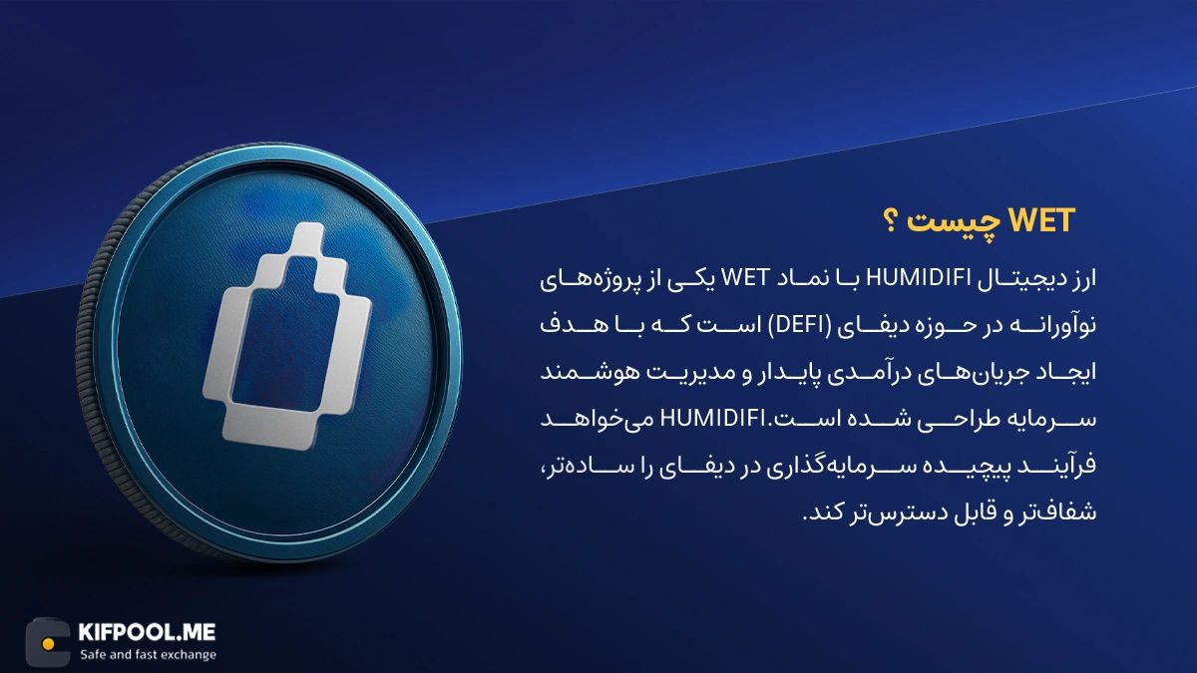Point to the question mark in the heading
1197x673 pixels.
pos(912,222)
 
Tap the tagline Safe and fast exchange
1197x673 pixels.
pos(147,655)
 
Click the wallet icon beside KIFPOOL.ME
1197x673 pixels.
pos(47,640)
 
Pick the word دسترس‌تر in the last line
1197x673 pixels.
pos(873,513)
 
